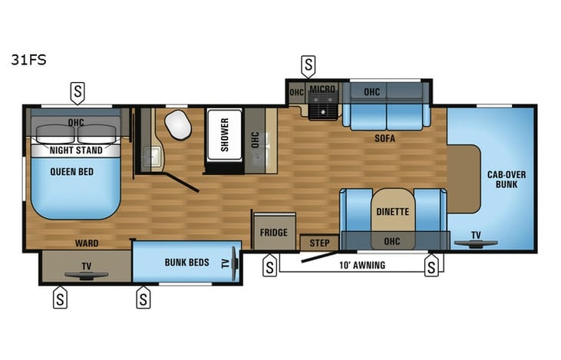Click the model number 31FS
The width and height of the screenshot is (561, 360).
coord(28,58)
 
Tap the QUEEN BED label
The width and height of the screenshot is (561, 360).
coord(72,172)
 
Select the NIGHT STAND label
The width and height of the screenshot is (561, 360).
coord(76,151)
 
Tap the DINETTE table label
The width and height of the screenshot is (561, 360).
coord(392,211)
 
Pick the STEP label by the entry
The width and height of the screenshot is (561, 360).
coord(318,243)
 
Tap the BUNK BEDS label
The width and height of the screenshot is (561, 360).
coord(187,263)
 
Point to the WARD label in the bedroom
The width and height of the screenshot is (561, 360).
coord(86,243)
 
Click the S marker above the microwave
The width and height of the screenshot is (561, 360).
coord(308,66)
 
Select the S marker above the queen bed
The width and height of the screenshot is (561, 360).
coord(77,92)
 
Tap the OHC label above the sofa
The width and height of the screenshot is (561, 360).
coord(372,92)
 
